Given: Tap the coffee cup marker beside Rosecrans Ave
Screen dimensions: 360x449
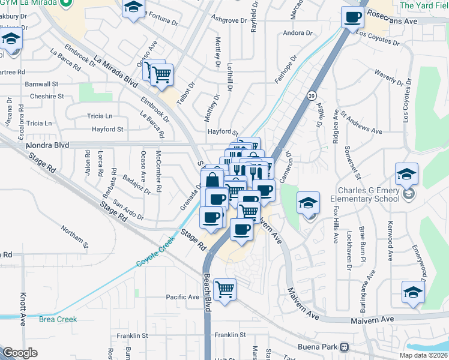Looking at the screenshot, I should (x=352, y=17).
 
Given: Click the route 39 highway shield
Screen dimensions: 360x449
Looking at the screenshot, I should (x=310, y=95).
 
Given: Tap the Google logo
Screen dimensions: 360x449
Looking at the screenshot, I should (x=20, y=352).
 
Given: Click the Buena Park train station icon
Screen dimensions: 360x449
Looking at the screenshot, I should (x=345, y=347).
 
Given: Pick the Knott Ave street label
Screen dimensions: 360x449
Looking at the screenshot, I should (x=23, y=305).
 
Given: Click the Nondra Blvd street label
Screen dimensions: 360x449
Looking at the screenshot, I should (x=47, y=145).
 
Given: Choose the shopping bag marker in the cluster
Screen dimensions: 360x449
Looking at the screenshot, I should (x=213, y=179).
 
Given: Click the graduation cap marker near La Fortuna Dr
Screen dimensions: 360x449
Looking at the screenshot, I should (x=134, y=8).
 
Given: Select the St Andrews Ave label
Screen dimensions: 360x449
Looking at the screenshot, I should (x=361, y=122).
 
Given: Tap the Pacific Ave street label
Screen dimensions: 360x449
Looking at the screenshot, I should (x=182, y=297).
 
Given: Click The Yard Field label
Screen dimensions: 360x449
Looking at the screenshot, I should (x=424, y=5).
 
